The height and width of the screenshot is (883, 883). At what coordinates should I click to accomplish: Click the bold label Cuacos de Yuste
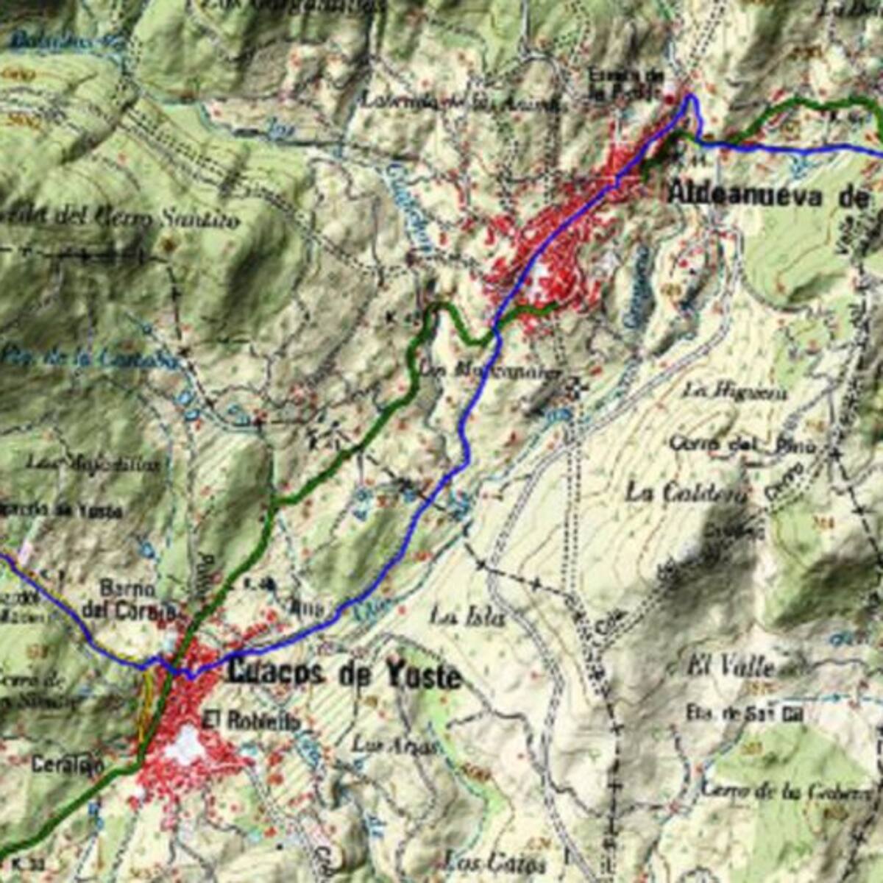[344, 674]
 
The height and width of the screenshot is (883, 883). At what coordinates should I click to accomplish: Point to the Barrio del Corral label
[129, 600]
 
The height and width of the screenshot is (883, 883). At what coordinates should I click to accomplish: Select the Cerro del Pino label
[742, 444]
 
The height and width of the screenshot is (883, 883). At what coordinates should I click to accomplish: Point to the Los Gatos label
[494, 862]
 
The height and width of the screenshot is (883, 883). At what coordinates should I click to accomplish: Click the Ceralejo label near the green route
[68, 765]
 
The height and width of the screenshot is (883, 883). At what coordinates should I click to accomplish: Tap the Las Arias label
[396, 745]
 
